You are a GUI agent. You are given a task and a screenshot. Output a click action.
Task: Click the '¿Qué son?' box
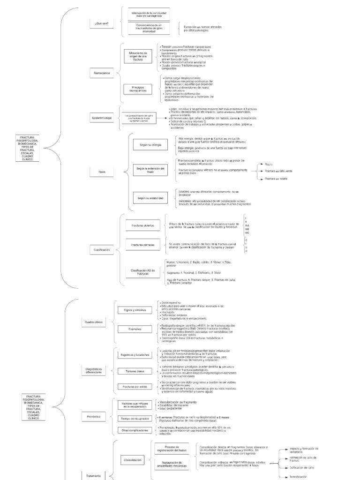click(x=101, y=23)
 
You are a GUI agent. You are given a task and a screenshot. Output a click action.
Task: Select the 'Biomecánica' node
click(x=101, y=73)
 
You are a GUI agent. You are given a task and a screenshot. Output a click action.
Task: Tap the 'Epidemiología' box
click(x=102, y=119)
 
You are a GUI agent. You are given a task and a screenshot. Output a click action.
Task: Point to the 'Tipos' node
click(x=102, y=172)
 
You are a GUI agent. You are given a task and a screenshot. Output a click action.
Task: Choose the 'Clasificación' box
click(x=102, y=250)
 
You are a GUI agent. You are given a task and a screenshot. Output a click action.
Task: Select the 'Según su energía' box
click(x=150, y=145)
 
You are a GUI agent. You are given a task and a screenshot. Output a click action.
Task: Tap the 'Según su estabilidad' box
click(x=150, y=198)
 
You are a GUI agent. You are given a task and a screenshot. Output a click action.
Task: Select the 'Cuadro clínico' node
click(x=93, y=322)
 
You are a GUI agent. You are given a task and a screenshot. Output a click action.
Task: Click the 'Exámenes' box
click(x=134, y=330)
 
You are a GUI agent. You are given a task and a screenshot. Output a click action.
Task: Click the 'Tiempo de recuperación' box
click(x=134, y=418)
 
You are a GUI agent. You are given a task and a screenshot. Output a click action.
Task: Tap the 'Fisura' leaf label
click(x=269, y=165)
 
